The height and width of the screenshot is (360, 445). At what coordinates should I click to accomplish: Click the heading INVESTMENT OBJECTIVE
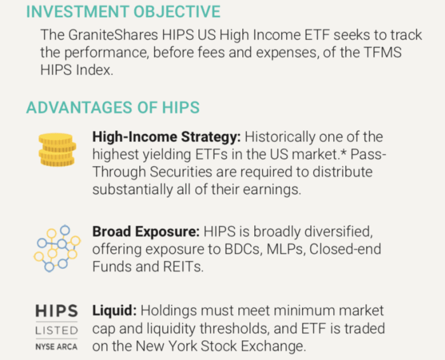tap(123, 11)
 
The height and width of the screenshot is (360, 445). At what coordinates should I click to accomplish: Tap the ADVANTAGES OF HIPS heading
tap(113, 107)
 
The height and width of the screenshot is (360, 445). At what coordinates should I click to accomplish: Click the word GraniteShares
tap(113, 35)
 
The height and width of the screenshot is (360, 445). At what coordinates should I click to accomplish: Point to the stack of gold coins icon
tap(57, 149)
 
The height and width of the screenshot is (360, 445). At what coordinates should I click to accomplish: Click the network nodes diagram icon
tap(57, 249)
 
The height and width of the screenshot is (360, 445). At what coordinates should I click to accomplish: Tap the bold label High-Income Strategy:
tap(167, 137)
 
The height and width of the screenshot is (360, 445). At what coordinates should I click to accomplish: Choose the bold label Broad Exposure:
tap(146, 232)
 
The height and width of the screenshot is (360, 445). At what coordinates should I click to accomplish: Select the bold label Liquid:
tap(114, 310)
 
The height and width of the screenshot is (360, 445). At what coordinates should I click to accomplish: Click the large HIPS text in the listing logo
tap(57, 311)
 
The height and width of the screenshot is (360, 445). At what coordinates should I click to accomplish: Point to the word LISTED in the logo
tap(57, 331)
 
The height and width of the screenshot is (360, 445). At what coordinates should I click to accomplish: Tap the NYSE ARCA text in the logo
tap(57, 347)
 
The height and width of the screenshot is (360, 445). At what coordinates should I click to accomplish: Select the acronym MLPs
tap(286, 249)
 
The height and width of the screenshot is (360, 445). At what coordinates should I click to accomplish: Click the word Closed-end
tap(345, 249)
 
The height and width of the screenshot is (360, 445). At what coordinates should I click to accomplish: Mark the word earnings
tap(272, 190)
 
